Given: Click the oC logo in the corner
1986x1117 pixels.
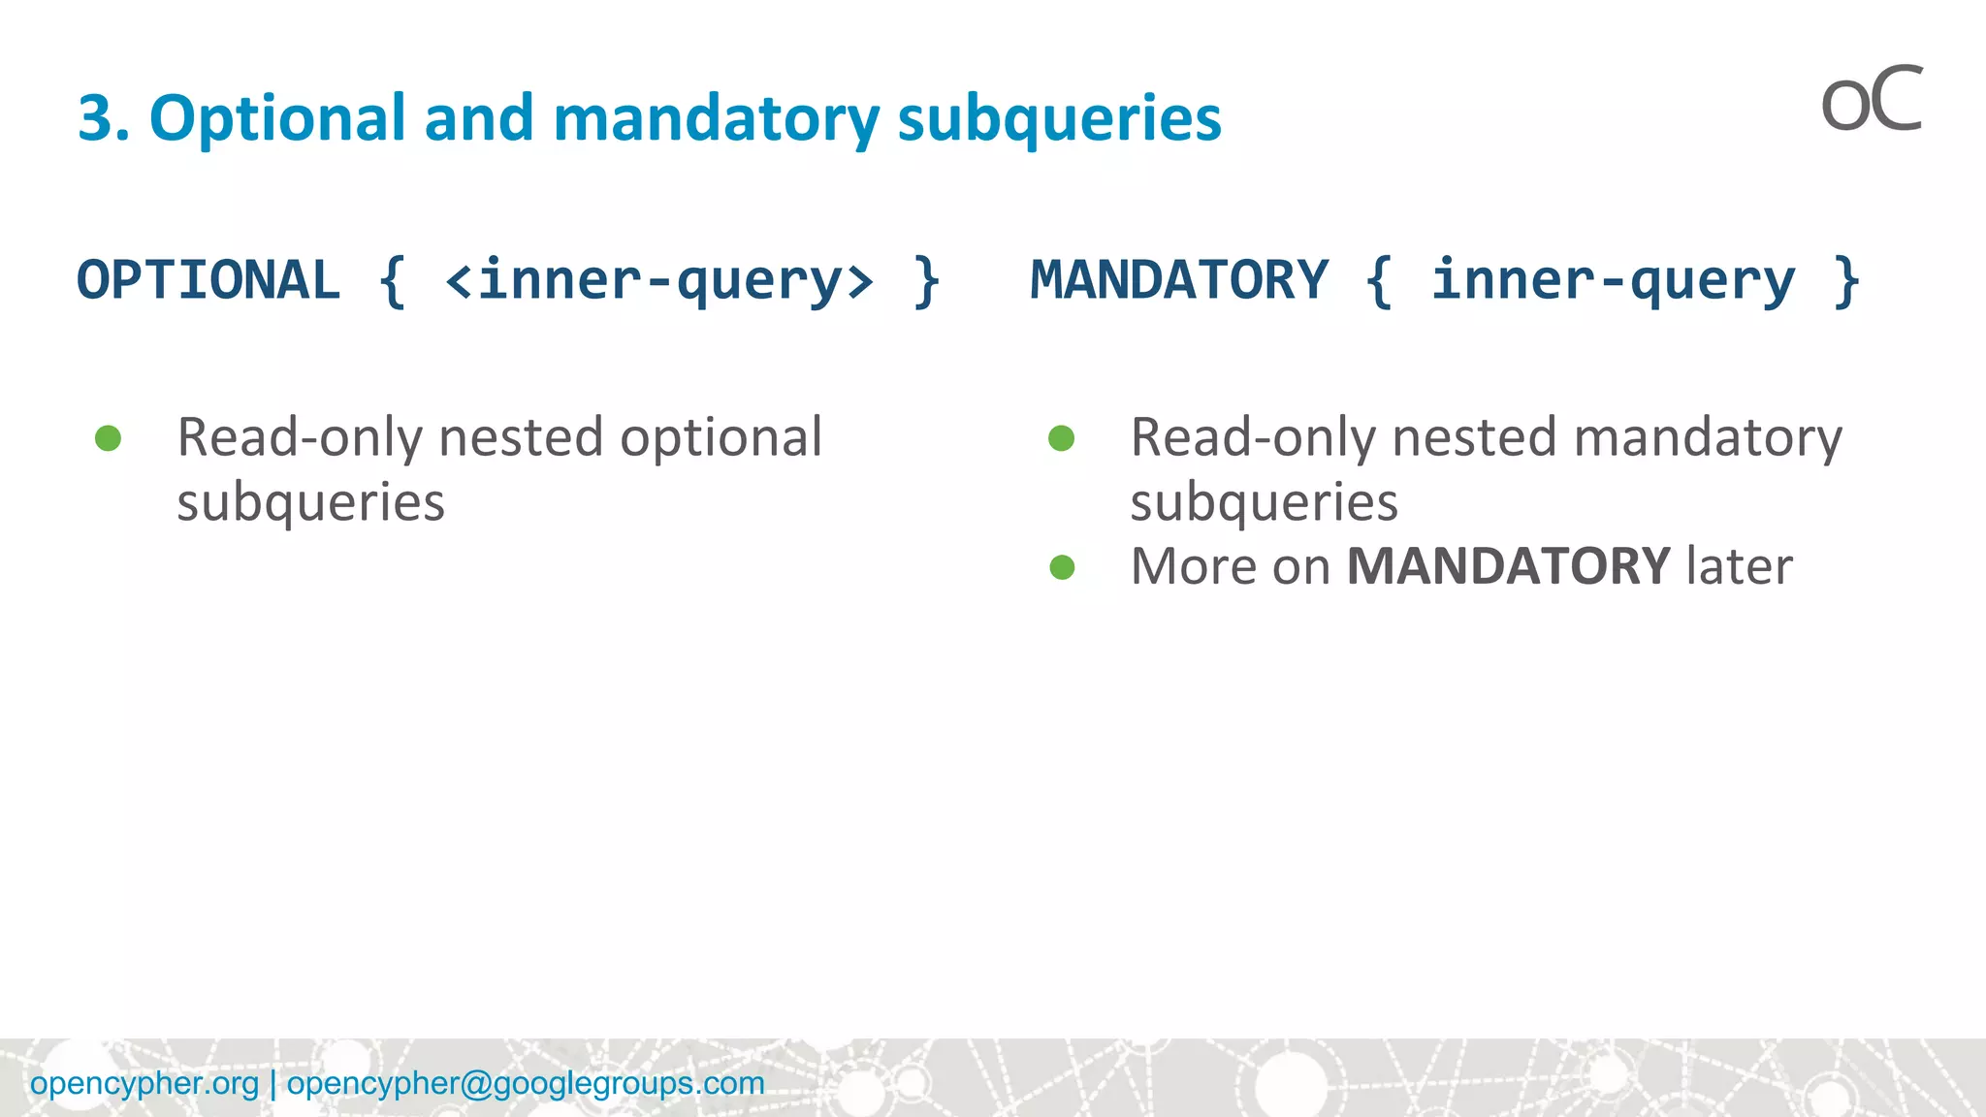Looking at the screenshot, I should point(1871,101).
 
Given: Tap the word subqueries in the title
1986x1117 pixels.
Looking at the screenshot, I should point(1059,118).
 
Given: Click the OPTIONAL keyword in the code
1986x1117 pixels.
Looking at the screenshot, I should point(208,280).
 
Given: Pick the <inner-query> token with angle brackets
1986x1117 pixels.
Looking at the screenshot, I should point(659,280).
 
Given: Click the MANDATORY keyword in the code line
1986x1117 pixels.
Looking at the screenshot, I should point(1179,280).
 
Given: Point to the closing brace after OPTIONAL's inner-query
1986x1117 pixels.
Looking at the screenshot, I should point(927,280).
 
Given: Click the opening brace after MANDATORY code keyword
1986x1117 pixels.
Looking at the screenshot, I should point(1379,280).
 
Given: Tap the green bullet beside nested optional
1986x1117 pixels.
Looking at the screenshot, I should point(109,438).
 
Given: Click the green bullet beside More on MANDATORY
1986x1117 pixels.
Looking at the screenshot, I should point(1063,567).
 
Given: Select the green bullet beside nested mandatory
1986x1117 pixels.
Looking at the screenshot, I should point(1063,438).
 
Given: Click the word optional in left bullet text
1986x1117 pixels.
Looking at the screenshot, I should point(721,438).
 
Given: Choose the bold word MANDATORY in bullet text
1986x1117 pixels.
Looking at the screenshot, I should point(1508,566).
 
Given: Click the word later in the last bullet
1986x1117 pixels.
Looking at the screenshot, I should point(1739,566).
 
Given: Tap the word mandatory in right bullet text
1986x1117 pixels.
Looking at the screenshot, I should point(1707,438).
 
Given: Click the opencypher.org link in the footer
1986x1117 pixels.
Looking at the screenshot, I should point(144,1083).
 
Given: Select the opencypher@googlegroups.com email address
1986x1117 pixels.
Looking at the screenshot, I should point(526,1083).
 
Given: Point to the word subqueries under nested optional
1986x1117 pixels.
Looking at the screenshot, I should point(310,502).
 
